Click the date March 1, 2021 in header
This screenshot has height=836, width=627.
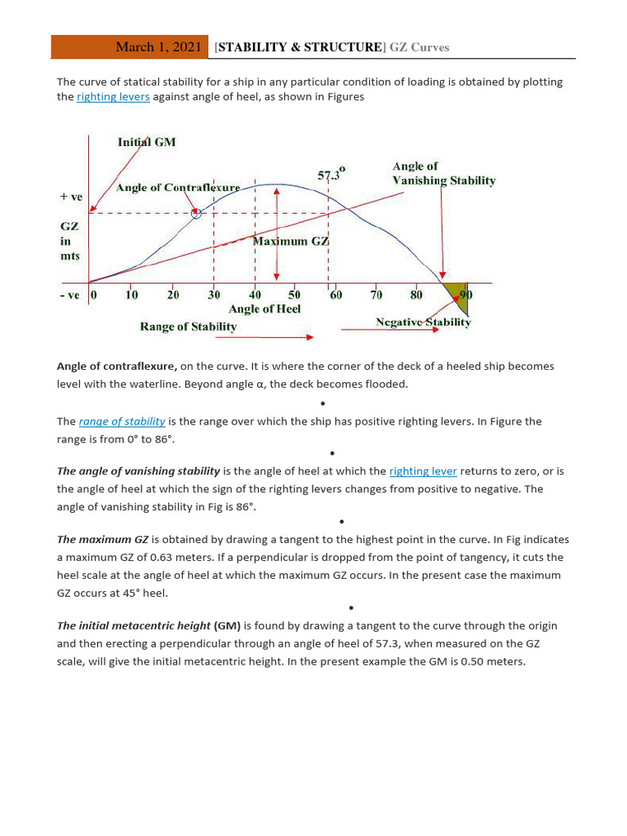pos(158,47)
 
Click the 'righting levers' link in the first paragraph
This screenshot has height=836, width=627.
pos(113,97)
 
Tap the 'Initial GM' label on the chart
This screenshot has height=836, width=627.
pos(146,141)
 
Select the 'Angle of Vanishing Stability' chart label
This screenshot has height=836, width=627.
pos(443,173)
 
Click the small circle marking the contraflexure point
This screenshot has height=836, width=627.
pos(196,214)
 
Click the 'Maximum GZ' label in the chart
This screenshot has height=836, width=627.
pos(291,241)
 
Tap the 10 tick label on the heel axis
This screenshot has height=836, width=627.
pos(131,295)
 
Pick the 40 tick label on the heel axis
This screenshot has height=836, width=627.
pos(255,295)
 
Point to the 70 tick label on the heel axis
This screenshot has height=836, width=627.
pos(376,295)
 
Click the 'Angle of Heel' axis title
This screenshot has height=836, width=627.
pos(265,309)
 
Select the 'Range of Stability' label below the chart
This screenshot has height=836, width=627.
pos(188,327)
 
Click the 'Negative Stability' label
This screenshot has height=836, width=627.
pos(423,322)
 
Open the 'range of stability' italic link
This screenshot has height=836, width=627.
pos(122,421)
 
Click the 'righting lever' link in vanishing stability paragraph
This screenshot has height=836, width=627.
pos(423,471)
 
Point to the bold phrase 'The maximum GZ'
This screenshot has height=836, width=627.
pos(102,540)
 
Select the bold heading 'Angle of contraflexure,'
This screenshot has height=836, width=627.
pos(117,367)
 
